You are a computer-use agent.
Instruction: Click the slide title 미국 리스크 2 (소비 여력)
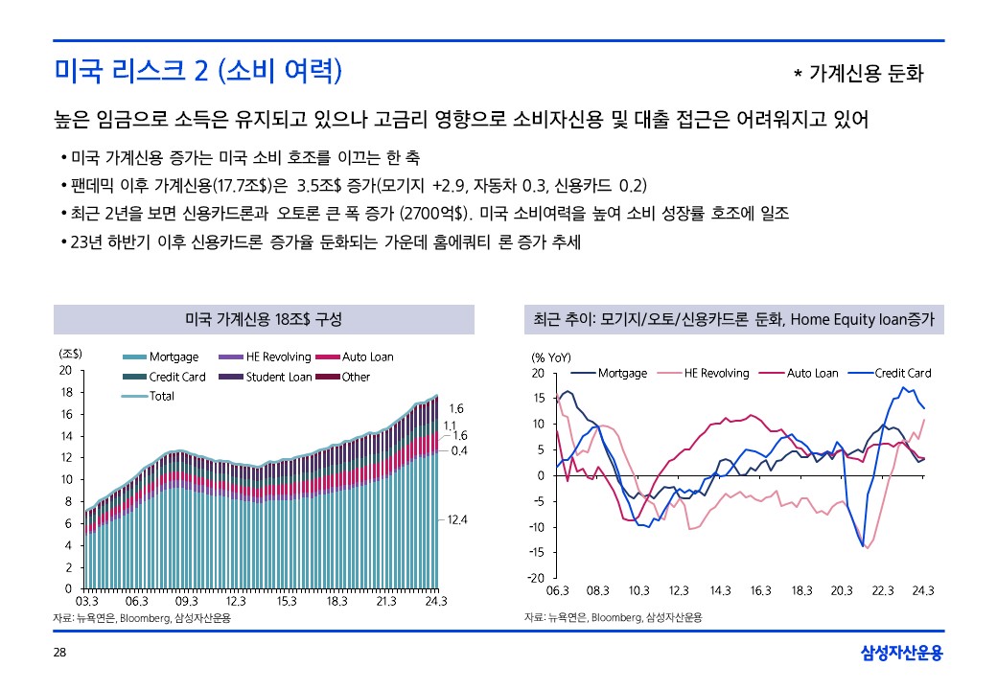click(x=197, y=70)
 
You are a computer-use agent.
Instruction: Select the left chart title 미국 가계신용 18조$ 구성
click(x=263, y=318)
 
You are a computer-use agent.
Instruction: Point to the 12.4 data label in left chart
click(x=456, y=519)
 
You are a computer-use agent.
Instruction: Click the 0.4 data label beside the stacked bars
click(x=458, y=449)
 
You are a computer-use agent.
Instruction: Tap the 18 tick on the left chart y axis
click(x=65, y=392)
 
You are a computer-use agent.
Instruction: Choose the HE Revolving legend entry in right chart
click(x=709, y=373)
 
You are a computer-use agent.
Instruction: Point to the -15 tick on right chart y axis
click(x=537, y=552)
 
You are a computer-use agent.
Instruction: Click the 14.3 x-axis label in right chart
click(x=719, y=590)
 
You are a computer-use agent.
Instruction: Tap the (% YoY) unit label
click(x=551, y=356)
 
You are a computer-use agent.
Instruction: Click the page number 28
click(x=59, y=653)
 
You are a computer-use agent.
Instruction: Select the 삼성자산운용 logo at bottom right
click(x=902, y=654)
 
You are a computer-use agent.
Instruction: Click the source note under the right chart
click(x=613, y=618)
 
